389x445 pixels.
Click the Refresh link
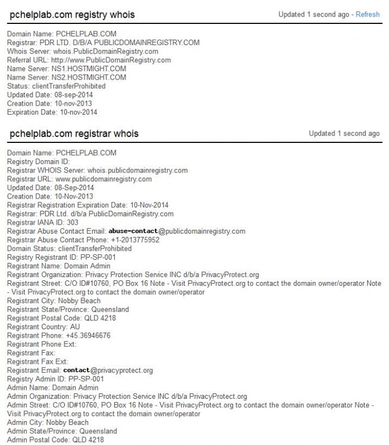click(x=368, y=14)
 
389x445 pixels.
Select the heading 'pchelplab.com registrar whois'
click(x=74, y=133)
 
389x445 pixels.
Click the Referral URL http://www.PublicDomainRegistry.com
click(x=108, y=60)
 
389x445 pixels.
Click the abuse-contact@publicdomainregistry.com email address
click(x=177, y=231)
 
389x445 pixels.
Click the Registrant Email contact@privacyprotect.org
click(x=108, y=370)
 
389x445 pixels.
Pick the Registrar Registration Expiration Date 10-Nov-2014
click(x=149, y=205)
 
